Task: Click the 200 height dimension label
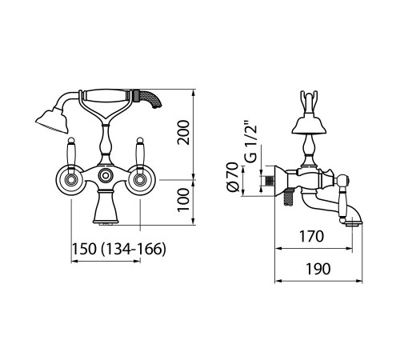183,133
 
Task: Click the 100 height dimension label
183,200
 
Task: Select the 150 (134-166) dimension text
119,249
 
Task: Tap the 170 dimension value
312,236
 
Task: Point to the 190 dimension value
318,269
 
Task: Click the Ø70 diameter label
233,177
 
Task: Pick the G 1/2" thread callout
251,142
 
